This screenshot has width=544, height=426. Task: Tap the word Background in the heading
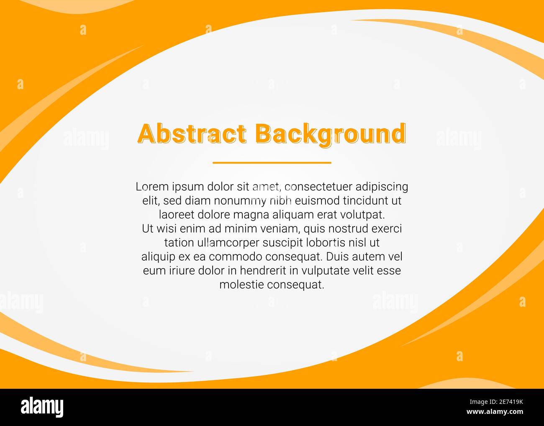[x=330, y=134]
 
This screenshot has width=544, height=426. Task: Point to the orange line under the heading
[x=272, y=162]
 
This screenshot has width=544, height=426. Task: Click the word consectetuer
[x=318, y=187]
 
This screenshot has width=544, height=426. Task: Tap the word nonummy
[x=240, y=201]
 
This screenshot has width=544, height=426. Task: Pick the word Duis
[x=338, y=257]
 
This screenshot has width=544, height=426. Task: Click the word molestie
[x=241, y=285]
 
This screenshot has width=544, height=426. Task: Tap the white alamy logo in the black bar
[x=42, y=407]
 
